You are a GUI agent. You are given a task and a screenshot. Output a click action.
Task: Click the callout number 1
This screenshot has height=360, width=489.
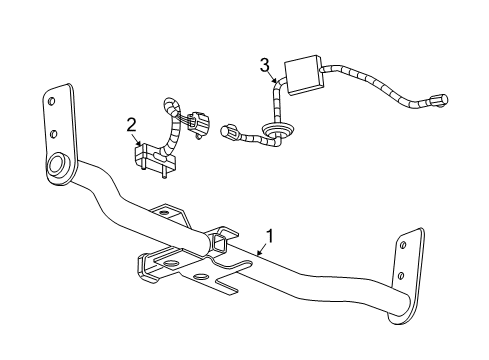click(268, 237)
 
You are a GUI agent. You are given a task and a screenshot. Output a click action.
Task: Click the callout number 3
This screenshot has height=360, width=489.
click(264, 66)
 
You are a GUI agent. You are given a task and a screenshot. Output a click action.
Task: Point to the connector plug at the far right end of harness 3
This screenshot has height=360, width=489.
click(438, 99)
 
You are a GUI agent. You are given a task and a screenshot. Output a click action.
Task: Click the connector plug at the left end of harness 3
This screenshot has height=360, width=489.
click(232, 133)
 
